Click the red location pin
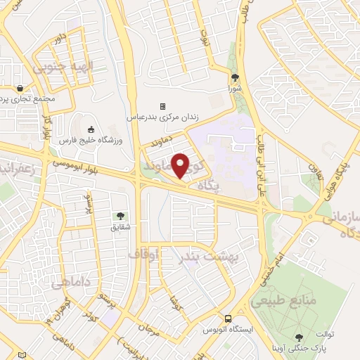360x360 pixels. coord(181,165)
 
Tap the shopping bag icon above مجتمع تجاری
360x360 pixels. coord(20,89)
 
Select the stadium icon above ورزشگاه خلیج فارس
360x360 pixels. coord(91,129)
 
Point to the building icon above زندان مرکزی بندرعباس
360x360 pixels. coord(162,106)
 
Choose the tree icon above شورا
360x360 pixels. coord(234,78)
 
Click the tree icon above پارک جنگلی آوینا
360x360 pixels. coord(300,337)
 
